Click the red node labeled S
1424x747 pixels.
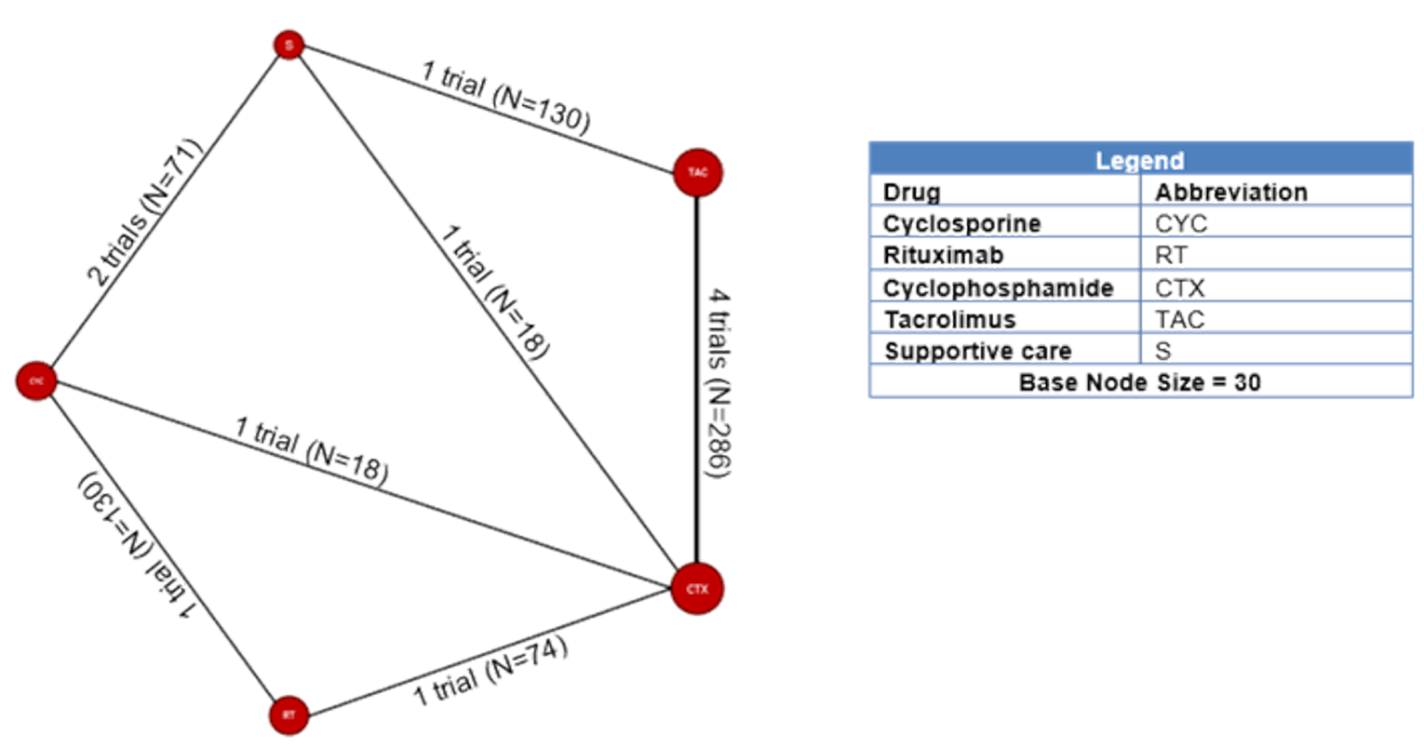click(289, 45)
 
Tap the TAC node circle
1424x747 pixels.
click(697, 172)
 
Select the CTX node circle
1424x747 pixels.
click(697, 589)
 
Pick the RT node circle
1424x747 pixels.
click(289, 715)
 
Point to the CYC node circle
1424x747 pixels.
click(36, 381)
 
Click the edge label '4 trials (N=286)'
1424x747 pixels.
click(718, 383)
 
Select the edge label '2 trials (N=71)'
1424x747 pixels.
click(144, 212)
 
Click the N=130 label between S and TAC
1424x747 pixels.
click(505, 98)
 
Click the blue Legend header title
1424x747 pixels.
click(1139, 160)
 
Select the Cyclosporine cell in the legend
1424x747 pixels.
click(961, 224)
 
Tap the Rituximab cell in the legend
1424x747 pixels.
click(943, 256)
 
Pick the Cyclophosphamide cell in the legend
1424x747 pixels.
click(998, 288)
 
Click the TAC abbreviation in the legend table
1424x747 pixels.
click(1179, 320)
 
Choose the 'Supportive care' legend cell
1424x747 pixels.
click(977, 352)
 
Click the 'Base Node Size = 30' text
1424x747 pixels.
click(1139, 382)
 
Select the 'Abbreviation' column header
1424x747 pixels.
click(1230, 193)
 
